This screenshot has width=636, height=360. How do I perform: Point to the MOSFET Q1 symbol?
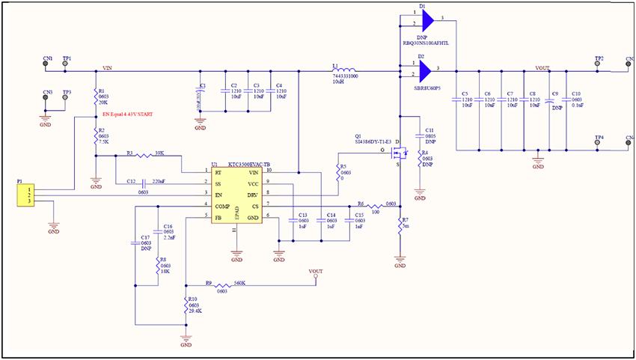tap(402, 153)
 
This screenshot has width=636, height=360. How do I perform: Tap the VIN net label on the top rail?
tap(108, 68)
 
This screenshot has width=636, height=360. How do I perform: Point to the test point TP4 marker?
tap(597, 145)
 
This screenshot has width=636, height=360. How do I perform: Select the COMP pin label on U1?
tap(222, 205)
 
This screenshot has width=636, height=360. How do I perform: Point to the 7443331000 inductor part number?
tap(344, 76)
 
